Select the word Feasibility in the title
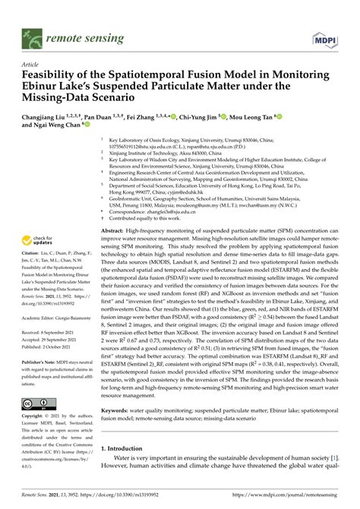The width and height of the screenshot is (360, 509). pyautogui.click(x=54, y=76)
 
